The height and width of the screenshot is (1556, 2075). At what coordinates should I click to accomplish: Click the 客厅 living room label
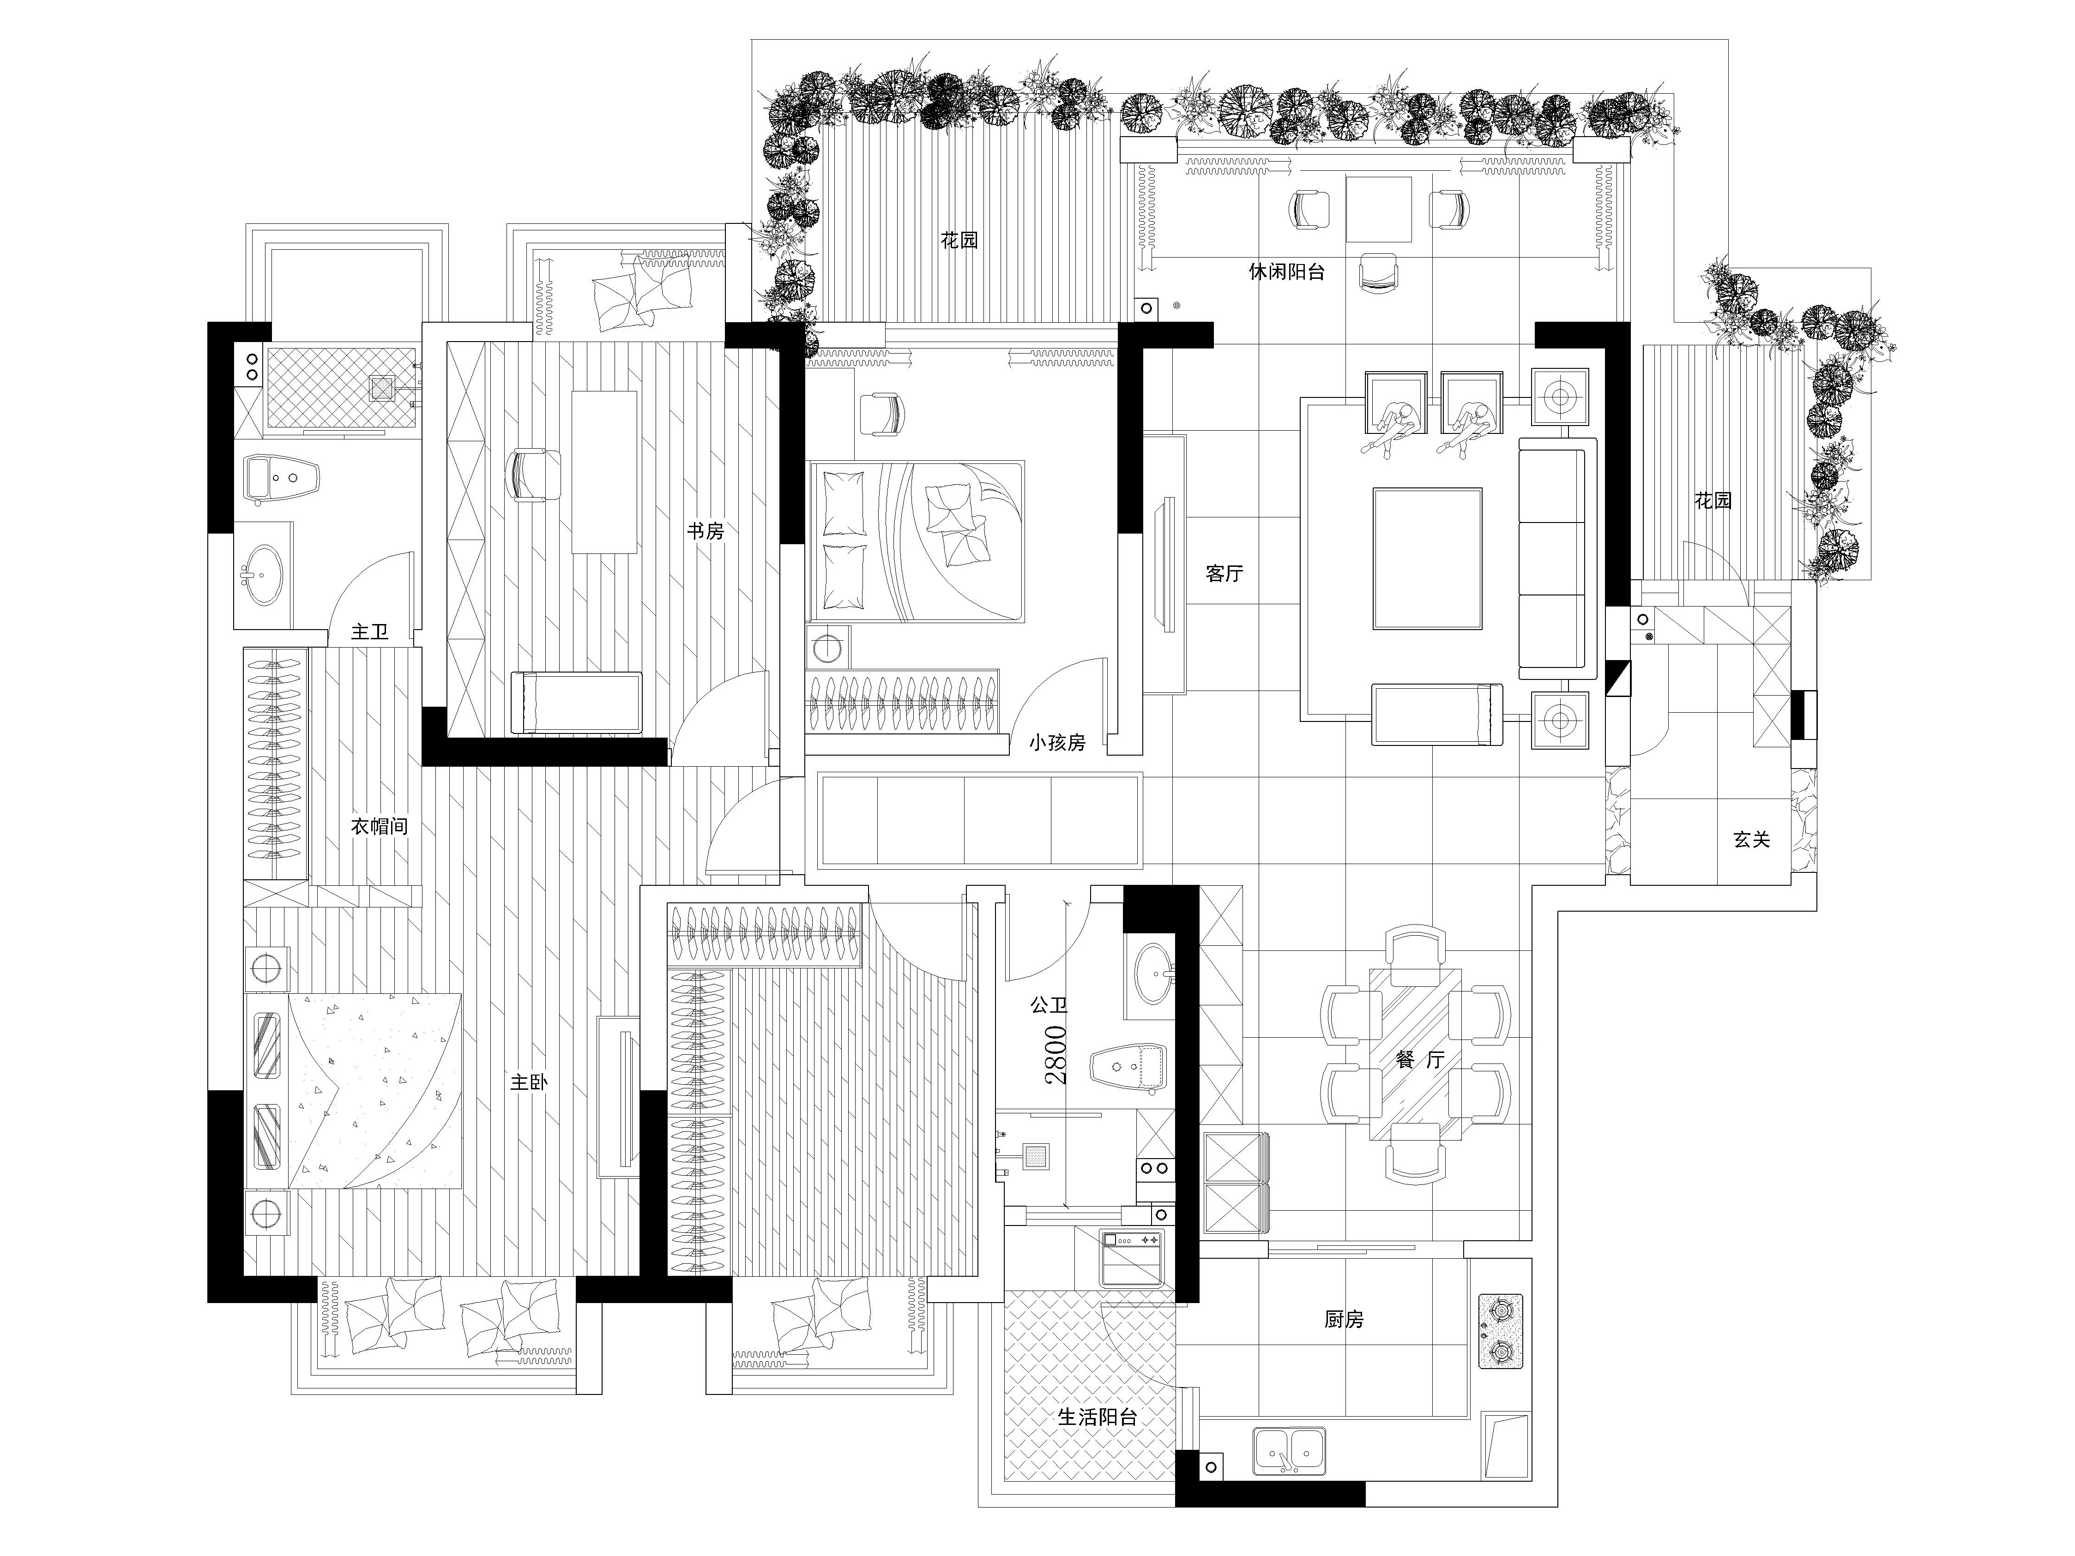click(x=1224, y=573)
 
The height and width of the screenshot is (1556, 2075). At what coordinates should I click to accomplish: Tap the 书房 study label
click(x=706, y=531)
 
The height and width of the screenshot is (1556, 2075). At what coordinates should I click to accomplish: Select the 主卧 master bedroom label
click(x=529, y=1081)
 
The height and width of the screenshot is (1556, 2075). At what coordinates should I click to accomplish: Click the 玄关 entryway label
click(x=1751, y=840)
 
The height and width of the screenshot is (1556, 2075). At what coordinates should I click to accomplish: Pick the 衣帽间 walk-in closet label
click(x=379, y=826)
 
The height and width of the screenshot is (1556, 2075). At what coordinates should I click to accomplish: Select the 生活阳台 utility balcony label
click(x=1098, y=1416)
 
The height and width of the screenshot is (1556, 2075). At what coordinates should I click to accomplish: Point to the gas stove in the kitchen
click(x=1501, y=1332)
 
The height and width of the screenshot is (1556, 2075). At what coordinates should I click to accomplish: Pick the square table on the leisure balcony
click(x=1380, y=208)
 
